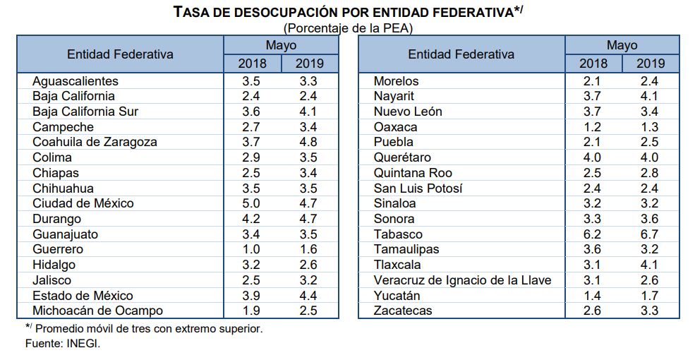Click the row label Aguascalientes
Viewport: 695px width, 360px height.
pos(75,81)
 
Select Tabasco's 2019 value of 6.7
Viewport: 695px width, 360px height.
pos(650,234)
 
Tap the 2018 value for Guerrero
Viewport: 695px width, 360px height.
pos(252,249)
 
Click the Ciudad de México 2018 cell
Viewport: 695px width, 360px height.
pos(252,203)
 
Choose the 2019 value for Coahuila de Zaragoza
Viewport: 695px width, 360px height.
pos(309,142)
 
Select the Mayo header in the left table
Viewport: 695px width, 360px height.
pos(281,45)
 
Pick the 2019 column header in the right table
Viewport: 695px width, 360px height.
pos(650,64)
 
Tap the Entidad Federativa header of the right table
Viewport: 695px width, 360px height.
pos(461,54)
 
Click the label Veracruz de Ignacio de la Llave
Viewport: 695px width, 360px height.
pos(462,280)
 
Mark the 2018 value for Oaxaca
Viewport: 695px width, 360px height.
pos(593,127)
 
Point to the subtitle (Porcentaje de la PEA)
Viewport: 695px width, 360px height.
pos(347,28)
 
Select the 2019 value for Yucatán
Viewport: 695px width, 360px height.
pos(650,296)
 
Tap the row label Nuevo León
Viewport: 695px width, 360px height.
pos(407,112)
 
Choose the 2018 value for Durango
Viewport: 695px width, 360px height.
pos(252,219)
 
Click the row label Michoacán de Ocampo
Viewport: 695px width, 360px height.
pos(97,311)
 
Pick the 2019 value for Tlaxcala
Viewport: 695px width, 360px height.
pos(650,265)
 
